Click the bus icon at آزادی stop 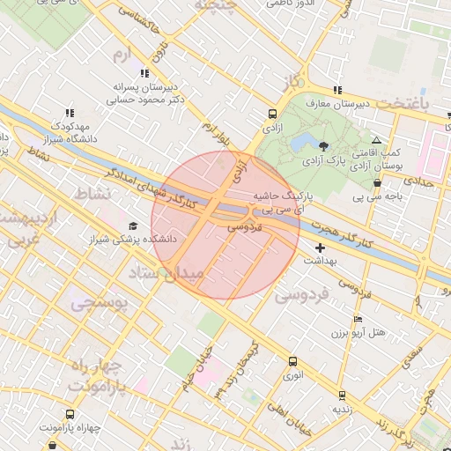pos(272,115)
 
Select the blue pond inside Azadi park pos(301,142)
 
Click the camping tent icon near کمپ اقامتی pos(376,140)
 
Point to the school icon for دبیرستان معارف pos(337,90)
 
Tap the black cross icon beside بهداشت pos(319,248)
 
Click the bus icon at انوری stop pos(292,360)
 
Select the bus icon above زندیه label pos(341,396)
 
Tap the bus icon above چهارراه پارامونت pos(70,414)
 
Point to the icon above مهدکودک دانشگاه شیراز pos(70,113)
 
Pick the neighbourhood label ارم pos(122,54)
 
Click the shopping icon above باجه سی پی pos(378,183)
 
